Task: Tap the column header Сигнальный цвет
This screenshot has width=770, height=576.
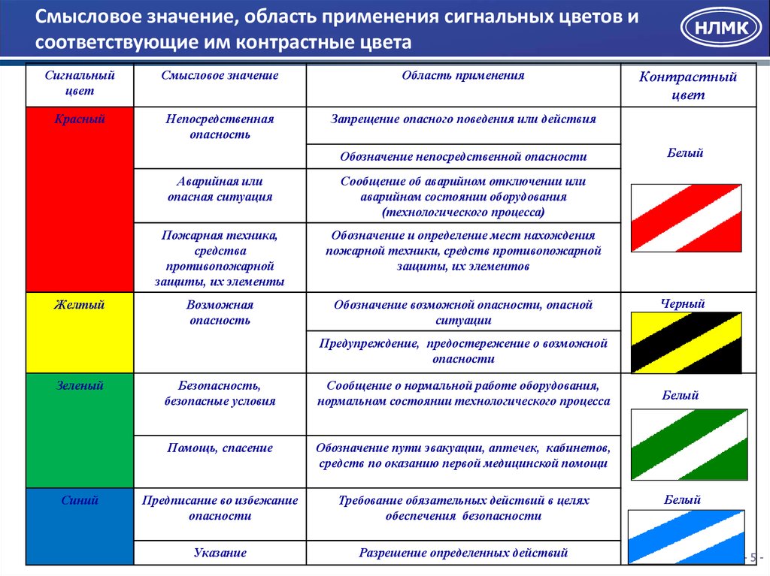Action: coord(80,83)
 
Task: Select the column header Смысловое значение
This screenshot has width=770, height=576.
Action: coord(220,76)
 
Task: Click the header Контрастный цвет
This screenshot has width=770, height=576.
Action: coord(687,86)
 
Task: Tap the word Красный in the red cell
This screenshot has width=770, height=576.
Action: coord(80,119)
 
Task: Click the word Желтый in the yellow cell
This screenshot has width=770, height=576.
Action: coord(79,304)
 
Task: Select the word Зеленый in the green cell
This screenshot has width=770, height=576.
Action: coord(80,385)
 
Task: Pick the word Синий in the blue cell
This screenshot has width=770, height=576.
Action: coord(80,499)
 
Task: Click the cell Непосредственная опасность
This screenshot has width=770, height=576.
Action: coord(220,127)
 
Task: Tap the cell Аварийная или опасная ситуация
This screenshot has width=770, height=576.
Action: coord(220,188)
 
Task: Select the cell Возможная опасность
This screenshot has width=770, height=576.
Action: coord(220,312)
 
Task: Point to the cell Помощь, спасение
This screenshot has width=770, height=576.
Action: coord(220,448)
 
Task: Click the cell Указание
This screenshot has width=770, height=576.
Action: coord(220,553)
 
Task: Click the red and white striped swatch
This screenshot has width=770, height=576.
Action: coord(686,218)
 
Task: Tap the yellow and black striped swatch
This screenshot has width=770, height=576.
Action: coord(686,342)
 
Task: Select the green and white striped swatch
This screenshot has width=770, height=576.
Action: coord(689,444)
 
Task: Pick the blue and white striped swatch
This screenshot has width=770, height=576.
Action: coord(686,536)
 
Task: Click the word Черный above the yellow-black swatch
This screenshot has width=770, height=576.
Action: coord(682,303)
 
